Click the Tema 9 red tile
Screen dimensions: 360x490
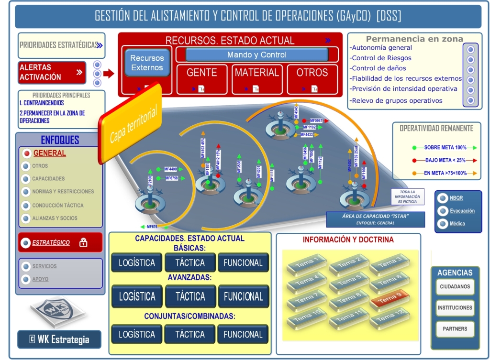[x=390, y=299]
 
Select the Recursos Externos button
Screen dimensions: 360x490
[x=147, y=63]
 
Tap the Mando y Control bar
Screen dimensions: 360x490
[x=257, y=55]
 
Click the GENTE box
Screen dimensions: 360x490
[x=201, y=73]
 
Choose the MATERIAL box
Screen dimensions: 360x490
[x=256, y=73]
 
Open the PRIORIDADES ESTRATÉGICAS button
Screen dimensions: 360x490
[x=61, y=45]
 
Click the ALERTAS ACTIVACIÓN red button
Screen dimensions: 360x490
[x=52, y=72]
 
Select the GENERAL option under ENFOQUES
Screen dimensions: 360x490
[x=49, y=153]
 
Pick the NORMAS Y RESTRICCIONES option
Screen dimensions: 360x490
[x=63, y=192]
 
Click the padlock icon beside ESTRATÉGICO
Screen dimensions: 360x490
[x=83, y=243]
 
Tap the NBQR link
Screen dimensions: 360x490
[x=456, y=198]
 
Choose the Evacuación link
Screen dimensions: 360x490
[x=462, y=211]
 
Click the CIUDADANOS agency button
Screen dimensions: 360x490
[x=455, y=287]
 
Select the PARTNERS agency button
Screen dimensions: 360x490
[x=455, y=329]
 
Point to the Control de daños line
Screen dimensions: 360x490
[x=374, y=68]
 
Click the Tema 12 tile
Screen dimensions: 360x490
[x=390, y=318]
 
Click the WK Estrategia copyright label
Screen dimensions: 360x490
[x=59, y=339]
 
